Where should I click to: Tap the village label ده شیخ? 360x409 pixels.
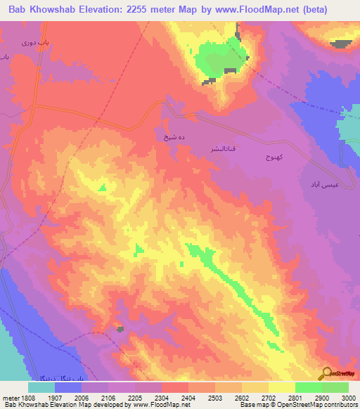pyautogui.click(x=166, y=138)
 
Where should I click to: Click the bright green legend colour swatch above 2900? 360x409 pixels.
pyautogui.click(x=308, y=387)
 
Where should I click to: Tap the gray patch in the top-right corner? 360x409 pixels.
pyautogui.click(x=342, y=44)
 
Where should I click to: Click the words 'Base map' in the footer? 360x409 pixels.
pyautogui.click(x=252, y=405)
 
